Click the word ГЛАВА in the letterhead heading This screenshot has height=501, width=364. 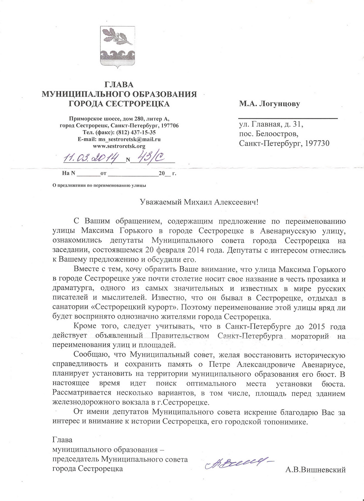coord(119,85)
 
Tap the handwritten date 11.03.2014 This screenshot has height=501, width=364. coord(91,158)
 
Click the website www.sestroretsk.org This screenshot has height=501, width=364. coord(119,146)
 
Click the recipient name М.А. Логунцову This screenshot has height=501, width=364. coord(269,104)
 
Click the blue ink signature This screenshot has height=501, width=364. coord(239,465)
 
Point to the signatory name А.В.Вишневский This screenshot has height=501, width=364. coord(315,470)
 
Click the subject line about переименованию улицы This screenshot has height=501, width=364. coord(99,185)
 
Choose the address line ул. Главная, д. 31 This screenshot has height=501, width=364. coord(271,125)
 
